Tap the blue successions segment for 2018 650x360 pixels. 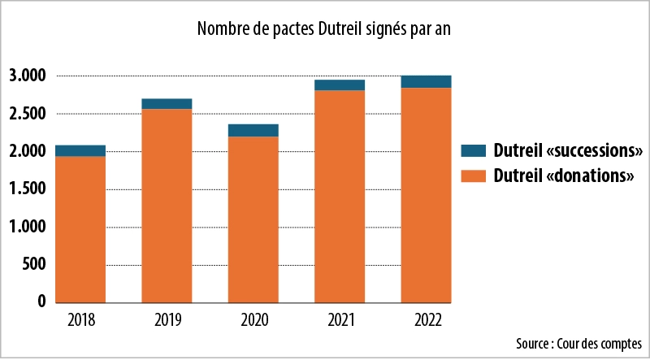[80, 150]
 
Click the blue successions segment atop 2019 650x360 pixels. [167, 103]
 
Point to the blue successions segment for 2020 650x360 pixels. [253, 130]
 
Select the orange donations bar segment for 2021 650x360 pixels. [340, 196]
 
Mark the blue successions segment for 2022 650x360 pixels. [426, 81]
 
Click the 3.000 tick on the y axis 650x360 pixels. [28, 76]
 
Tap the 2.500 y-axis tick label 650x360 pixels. [28, 114]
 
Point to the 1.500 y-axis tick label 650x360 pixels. [28, 189]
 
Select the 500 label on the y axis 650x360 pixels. [33, 265]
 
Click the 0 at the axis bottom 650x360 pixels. [41, 302]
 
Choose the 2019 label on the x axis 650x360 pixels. [167, 320]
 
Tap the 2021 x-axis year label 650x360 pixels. [340, 320]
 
